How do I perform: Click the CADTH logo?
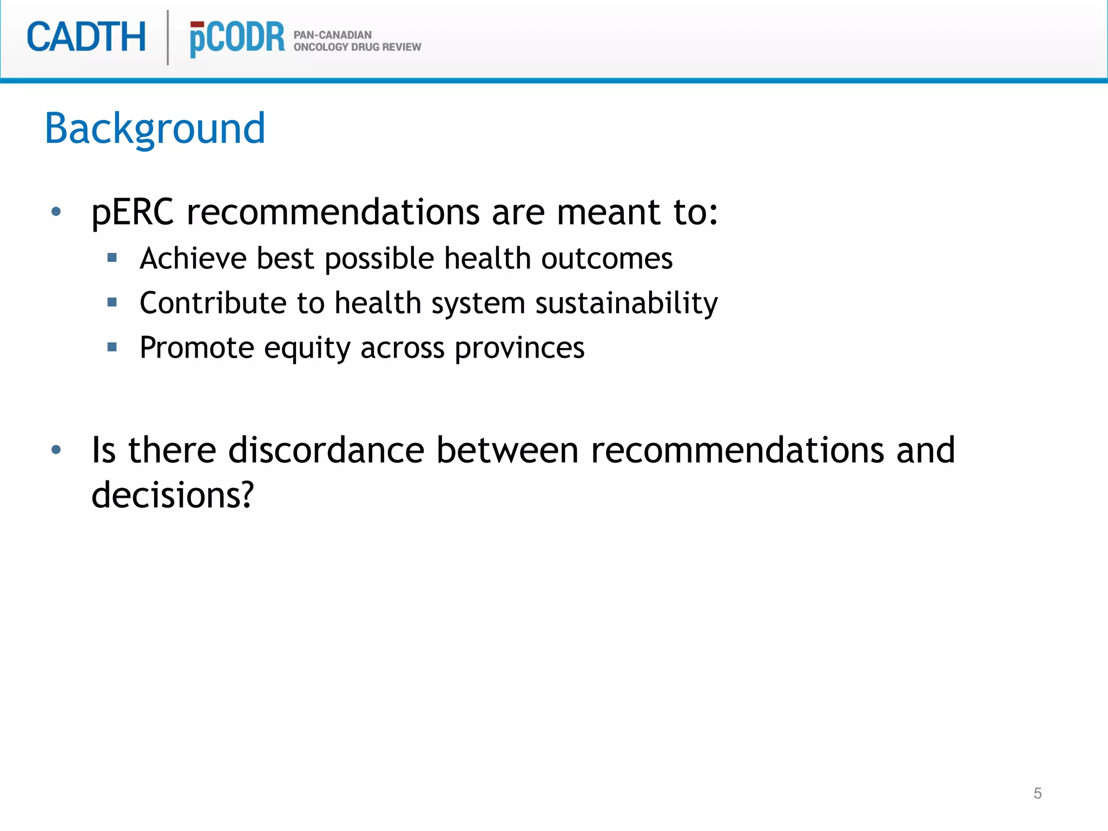(87, 37)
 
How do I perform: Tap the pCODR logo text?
(237, 38)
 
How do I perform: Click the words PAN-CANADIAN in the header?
(332, 35)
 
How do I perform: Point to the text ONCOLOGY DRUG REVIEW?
(357, 47)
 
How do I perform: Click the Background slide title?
(155, 129)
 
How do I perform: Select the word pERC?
(133, 212)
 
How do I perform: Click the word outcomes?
(606, 258)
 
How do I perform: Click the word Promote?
(196, 347)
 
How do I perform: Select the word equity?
(307, 348)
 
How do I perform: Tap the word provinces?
(519, 348)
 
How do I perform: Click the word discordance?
(326, 450)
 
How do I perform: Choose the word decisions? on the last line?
(173, 495)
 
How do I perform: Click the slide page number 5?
(1037, 793)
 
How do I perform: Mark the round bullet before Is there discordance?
(56, 450)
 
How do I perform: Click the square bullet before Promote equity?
(113, 347)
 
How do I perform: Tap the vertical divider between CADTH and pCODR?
(168, 37)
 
